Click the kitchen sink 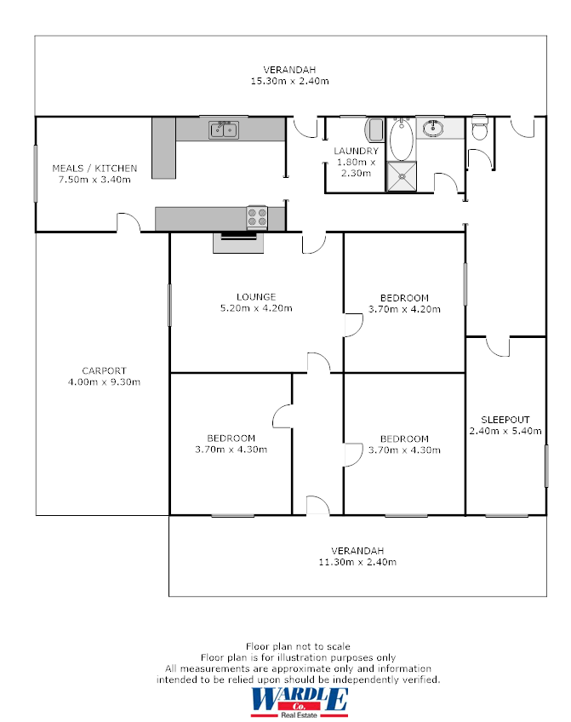(225, 129)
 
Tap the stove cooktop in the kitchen (257, 218)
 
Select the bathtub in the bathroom (402, 140)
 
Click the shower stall (402, 175)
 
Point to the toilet (479, 129)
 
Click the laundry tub (375, 131)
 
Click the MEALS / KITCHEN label (94, 169)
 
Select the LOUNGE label (256, 297)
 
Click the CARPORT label (104, 370)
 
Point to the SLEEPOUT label (505, 420)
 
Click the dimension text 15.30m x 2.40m (289, 81)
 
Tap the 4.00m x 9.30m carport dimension (104, 382)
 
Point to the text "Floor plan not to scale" (298, 646)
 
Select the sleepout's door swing (498, 346)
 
